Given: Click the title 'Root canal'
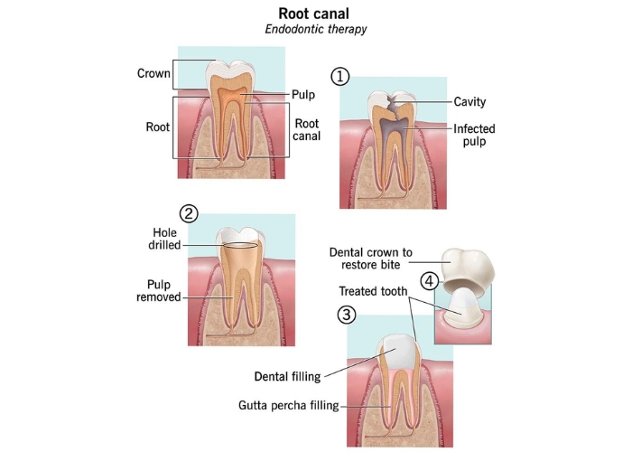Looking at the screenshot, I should tap(316, 14).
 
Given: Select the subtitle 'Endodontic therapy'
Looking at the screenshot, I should tap(316, 29).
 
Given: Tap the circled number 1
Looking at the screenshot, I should tap(340, 77).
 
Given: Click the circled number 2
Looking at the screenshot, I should tap(189, 214).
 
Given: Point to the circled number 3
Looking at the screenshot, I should tap(346, 315).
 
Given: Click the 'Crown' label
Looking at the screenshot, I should tap(153, 73).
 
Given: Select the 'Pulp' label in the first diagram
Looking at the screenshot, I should tap(302, 94).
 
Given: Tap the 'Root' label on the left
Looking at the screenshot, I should tap(158, 127).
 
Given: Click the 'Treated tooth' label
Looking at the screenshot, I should tap(374, 291).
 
